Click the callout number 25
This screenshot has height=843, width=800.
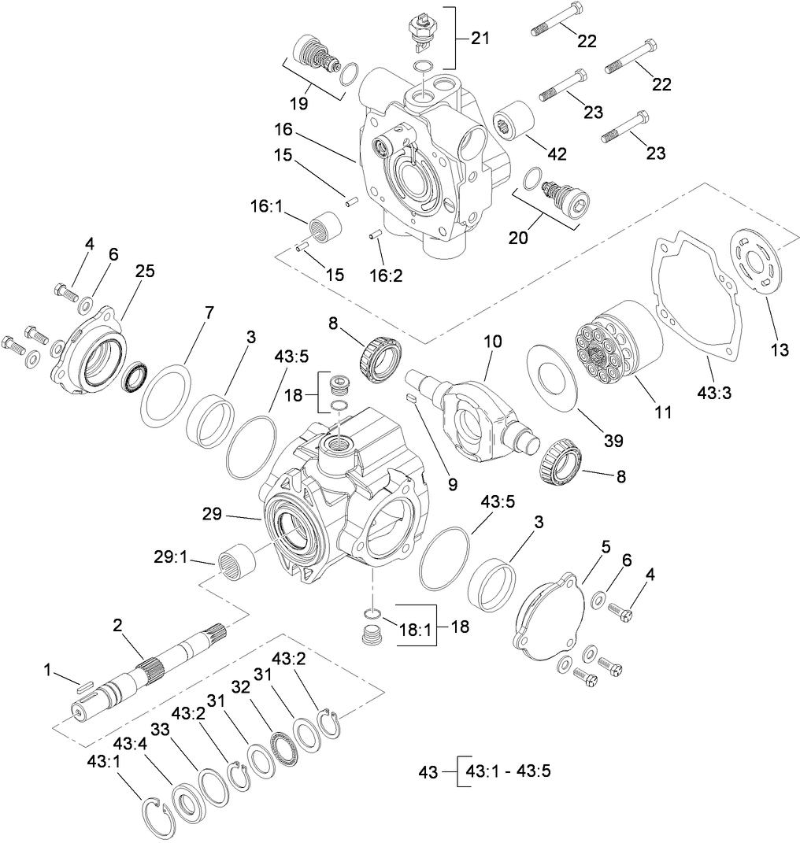coord(144,271)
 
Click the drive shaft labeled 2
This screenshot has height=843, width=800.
coord(150,669)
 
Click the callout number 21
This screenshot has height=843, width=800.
coord(481,38)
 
